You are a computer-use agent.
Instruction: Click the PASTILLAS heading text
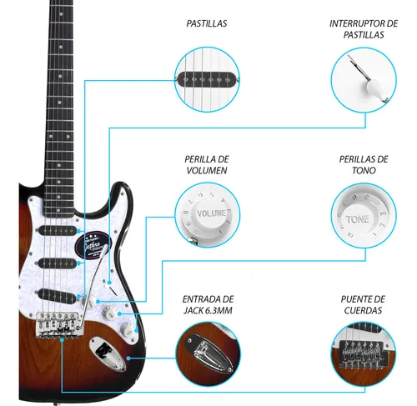pyautogui.click(x=207, y=23)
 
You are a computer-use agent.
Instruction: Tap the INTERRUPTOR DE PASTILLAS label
pyautogui.click(x=364, y=29)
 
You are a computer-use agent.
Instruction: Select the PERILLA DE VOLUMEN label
pyautogui.click(x=207, y=165)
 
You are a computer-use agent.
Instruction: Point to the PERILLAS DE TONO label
pyautogui.click(x=364, y=165)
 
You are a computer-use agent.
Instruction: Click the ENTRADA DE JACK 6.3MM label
pyautogui.click(x=208, y=305)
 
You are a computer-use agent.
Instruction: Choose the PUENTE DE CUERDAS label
pyautogui.click(x=363, y=305)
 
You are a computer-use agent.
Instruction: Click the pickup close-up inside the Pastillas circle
pyautogui.click(x=207, y=80)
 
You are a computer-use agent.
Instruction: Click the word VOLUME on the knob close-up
pyautogui.click(x=211, y=213)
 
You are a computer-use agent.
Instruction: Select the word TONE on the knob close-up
pyautogui.click(x=358, y=219)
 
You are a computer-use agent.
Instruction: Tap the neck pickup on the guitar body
pyautogui.click(x=57, y=230)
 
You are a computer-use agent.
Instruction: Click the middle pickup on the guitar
pyautogui.click(x=57, y=263)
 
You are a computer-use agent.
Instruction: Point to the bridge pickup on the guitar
pyautogui.click(x=57, y=295)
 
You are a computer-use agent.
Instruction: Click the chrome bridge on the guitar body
pyautogui.click(x=59, y=324)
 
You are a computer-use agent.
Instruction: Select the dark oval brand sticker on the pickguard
pyautogui.click(x=93, y=243)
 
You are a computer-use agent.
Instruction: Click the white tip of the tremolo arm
pyautogui.click(x=104, y=252)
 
